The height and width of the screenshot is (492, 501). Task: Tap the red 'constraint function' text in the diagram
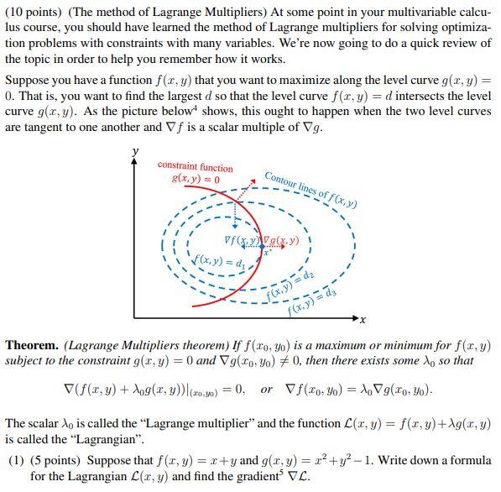[x=195, y=167]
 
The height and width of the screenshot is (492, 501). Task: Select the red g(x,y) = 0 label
[x=195, y=179]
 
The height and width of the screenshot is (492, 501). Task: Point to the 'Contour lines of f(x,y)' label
[x=311, y=189]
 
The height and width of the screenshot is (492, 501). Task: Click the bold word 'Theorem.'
[x=32, y=346]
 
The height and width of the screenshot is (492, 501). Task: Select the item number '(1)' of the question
[x=16, y=461]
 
